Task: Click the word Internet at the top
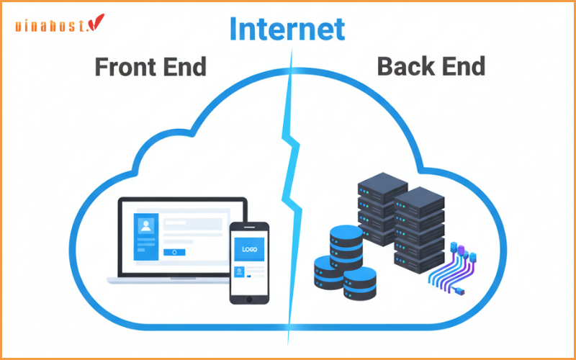pos(287,28)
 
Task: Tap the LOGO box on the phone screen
pos(248,251)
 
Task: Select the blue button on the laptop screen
pos(174,252)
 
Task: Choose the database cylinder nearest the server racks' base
pos(361,282)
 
